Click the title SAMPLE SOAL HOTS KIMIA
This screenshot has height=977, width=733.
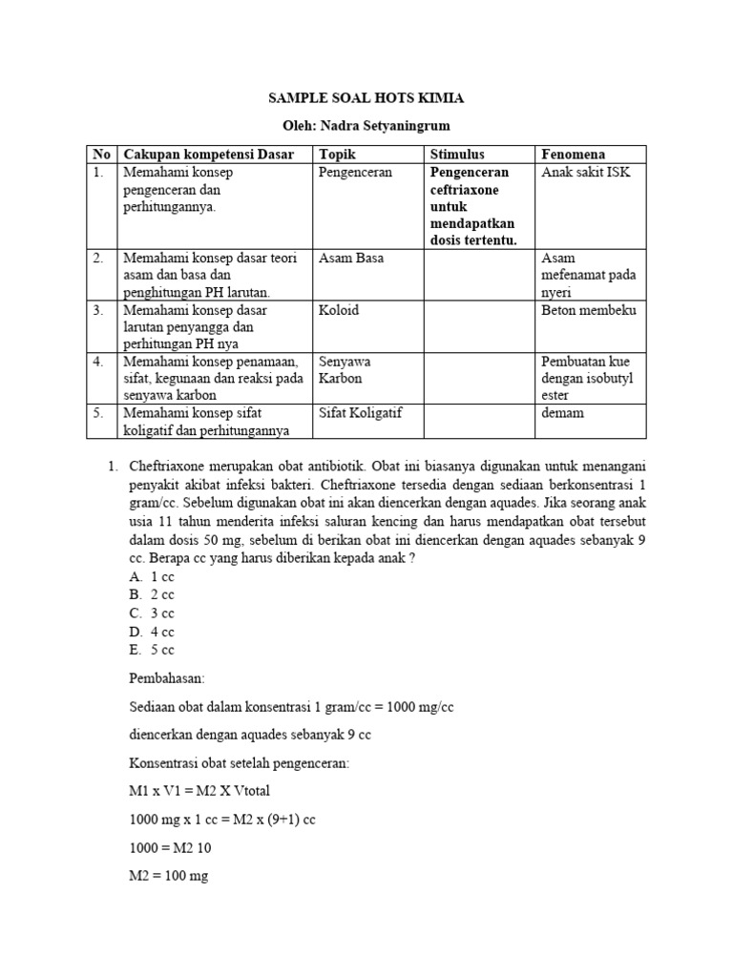366,97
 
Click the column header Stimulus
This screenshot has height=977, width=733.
457,155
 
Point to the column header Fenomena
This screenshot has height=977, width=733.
573,155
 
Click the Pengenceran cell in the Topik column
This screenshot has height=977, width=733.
355,173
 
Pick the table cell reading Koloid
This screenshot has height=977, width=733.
339,311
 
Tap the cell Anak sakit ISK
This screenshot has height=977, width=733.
586,173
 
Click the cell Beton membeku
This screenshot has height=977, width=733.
588,311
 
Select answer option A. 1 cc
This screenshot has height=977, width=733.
152,577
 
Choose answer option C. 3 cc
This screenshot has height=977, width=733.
152,613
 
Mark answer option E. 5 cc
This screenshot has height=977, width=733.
152,650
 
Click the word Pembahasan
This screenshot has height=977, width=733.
167,678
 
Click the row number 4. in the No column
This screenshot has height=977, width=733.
98,362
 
